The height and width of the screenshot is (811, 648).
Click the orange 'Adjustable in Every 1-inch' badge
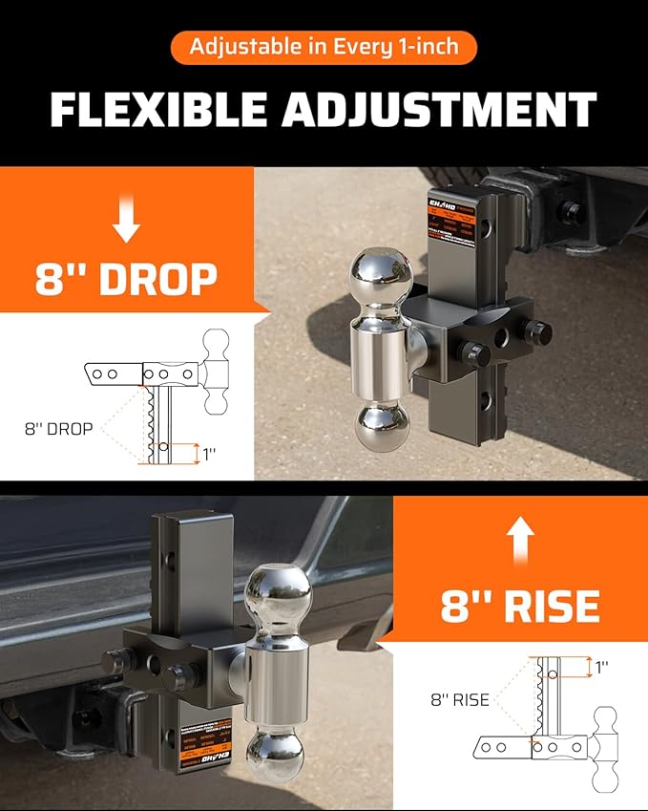[324, 47]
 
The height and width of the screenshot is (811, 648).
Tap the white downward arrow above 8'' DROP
[126, 220]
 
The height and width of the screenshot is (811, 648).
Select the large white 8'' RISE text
[520, 606]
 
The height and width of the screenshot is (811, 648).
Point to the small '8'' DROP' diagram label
[58, 429]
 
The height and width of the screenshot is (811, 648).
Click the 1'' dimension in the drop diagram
[208, 454]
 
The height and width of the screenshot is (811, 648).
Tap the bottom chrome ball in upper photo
[381, 426]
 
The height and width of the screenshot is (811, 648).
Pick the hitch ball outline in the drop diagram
[217, 372]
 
